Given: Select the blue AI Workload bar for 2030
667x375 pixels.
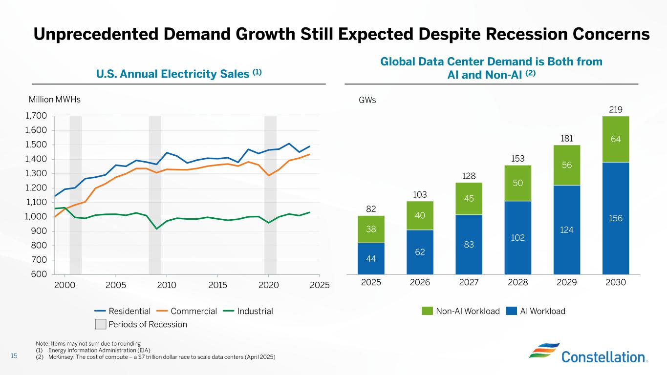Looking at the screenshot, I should (x=615, y=218).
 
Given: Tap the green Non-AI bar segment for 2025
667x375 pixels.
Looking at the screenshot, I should (x=371, y=229).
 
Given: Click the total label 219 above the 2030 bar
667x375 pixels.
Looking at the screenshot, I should (x=615, y=110).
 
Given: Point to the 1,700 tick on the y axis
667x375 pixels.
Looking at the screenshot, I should (x=37, y=116).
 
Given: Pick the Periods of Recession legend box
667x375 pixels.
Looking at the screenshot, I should (x=100, y=324).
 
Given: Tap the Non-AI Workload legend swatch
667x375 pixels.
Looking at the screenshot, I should (x=427, y=311).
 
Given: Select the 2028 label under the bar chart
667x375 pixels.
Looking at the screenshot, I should (x=518, y=283).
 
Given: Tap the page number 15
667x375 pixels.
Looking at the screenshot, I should (x=14, y=356).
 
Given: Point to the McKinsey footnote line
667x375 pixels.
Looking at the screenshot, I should (x=156, y=357).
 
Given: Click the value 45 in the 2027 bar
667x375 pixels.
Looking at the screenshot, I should (x=469, y=198).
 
